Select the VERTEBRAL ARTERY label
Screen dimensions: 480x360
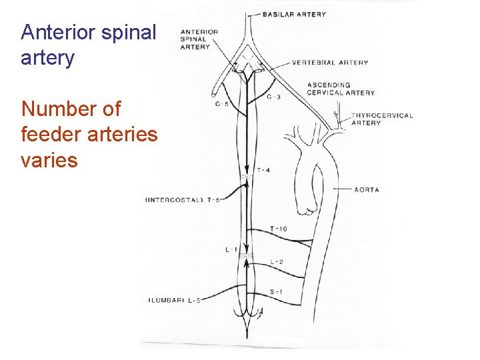pos(329,63)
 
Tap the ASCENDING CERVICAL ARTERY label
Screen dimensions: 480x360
pos(341,89)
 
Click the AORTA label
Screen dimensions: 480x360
pos(367,190)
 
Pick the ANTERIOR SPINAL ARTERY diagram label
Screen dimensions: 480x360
pos(199,39)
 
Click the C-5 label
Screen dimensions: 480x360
pos(222,104)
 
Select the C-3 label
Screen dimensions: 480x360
pos(273,97)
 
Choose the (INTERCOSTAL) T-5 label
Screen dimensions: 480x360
pos(183,200)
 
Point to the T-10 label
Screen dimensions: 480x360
pos(278,229)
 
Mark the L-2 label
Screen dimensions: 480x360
pos(276,261)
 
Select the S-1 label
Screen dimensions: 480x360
pos(275,291)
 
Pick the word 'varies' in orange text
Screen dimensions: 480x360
pos(49,160)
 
